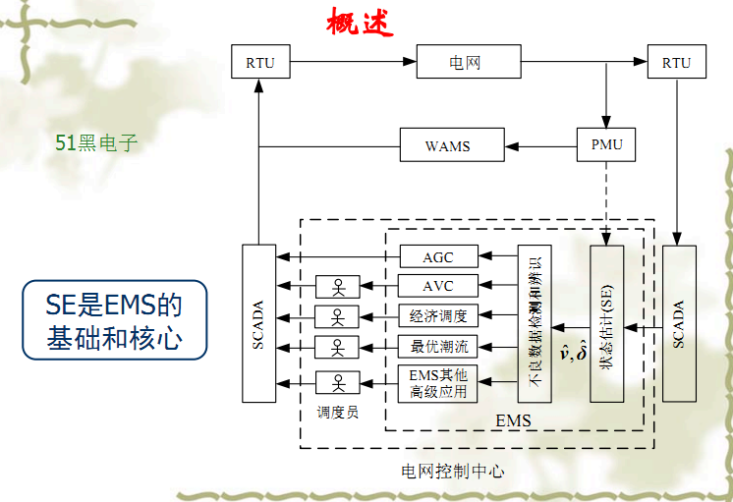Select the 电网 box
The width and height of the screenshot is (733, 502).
click(x=456, y=63)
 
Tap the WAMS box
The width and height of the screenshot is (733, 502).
click(x=447, y=146)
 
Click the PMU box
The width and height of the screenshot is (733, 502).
click(x=606, y=146)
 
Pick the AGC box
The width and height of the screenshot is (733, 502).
click(x=438, y=257)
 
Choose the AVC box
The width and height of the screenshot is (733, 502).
click(x=438, y=287)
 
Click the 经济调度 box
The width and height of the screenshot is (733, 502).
click(x=438, y=316)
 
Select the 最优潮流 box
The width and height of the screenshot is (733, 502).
click(x=438, y=346)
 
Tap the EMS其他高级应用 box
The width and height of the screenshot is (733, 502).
click(x=438, y=383)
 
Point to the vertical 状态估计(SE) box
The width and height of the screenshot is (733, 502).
click(x=607, y=323)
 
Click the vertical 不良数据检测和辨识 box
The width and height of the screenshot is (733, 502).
click(x=535, y=323)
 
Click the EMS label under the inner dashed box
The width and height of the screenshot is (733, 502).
click(x=513, y=420)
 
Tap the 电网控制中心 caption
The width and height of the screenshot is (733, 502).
click(x=453, y=472)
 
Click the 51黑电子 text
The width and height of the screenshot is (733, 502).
click(x=96, y=143)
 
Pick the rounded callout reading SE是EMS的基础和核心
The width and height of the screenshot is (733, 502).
click(x=114, y=319)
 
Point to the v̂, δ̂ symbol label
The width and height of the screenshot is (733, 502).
click(x=573, y=350)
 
